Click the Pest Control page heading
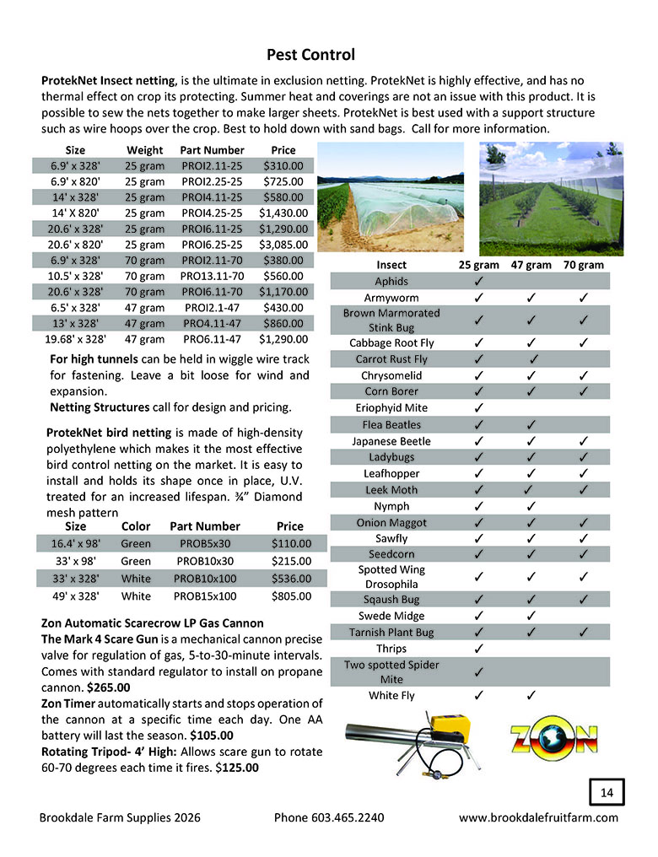point(310,56)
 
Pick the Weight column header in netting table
point(144,149)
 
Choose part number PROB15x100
point(205,596)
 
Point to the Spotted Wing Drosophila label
point(391,577)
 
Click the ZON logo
point(553,741)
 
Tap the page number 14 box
point(606,793)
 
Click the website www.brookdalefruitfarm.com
point(538,817)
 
